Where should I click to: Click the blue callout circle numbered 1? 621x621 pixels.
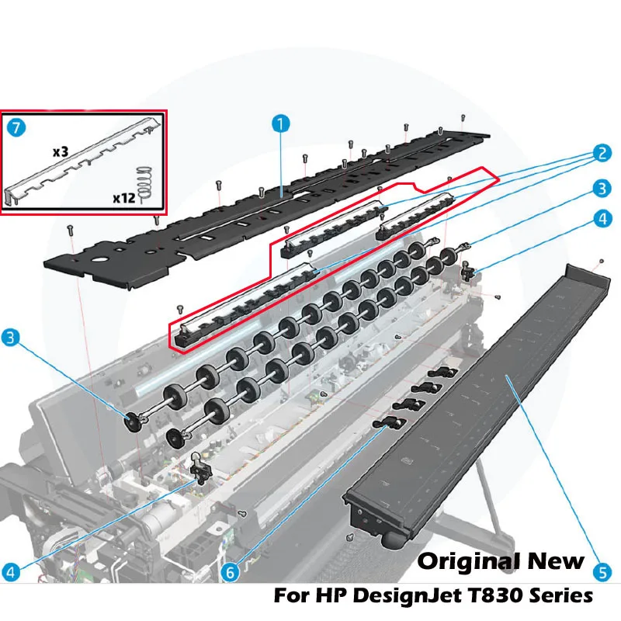point(281,124)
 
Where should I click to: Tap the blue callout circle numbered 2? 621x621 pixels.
point(602,153)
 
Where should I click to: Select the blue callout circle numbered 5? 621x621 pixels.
point(602,572)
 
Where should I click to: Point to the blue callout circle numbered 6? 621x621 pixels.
point(230,572)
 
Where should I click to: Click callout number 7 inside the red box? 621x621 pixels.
point(16,127)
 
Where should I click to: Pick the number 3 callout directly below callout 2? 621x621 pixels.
point(602,189)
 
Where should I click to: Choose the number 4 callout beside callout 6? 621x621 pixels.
point(11,572)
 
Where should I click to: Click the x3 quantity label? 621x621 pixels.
point(61,151)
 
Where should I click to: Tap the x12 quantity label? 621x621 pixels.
point(124,198)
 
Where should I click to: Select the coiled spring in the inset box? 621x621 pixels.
point(145,184)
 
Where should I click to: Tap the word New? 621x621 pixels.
point(556,560)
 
